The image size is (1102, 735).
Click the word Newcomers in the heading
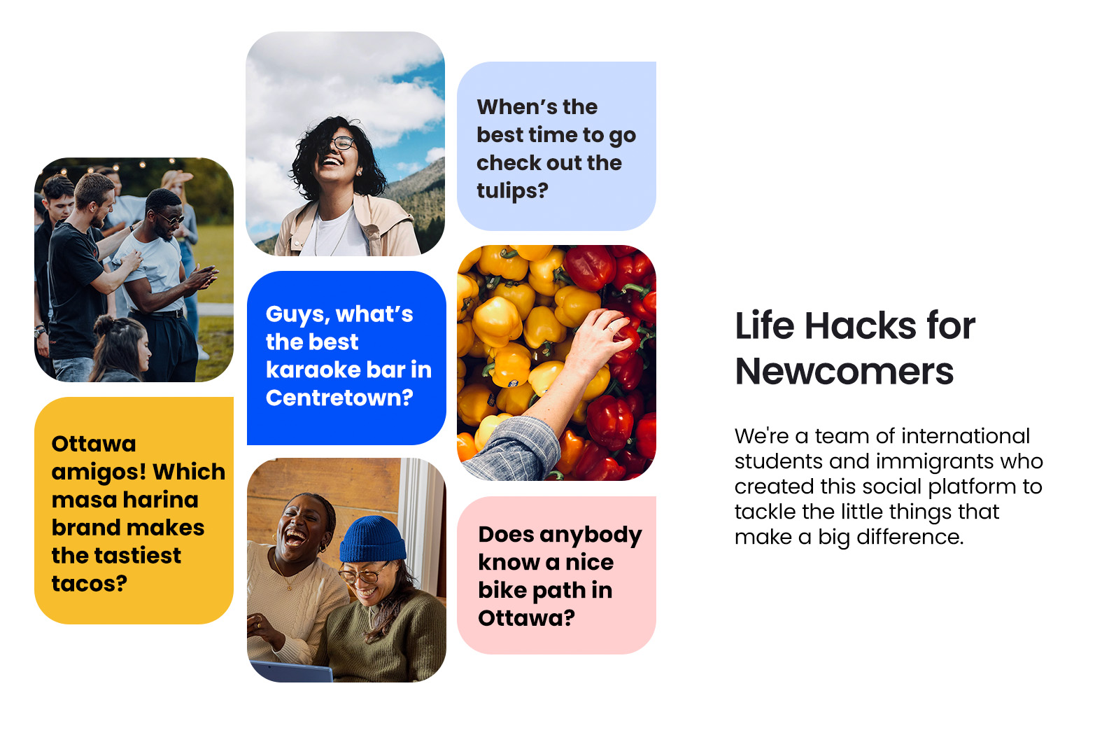[845, 372]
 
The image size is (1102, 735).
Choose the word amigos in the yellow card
[92, 472]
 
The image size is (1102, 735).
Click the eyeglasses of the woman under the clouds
[343, 143]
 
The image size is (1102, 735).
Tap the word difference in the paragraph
[910, 537]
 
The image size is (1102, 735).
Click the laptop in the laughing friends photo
[291, 671]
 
